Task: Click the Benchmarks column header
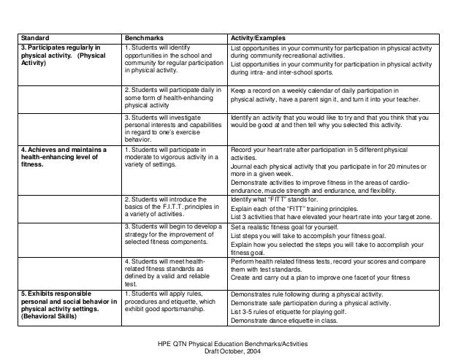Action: [143, 37]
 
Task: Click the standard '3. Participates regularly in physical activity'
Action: [62, 55]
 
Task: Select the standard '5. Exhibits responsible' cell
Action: [62, 304]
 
